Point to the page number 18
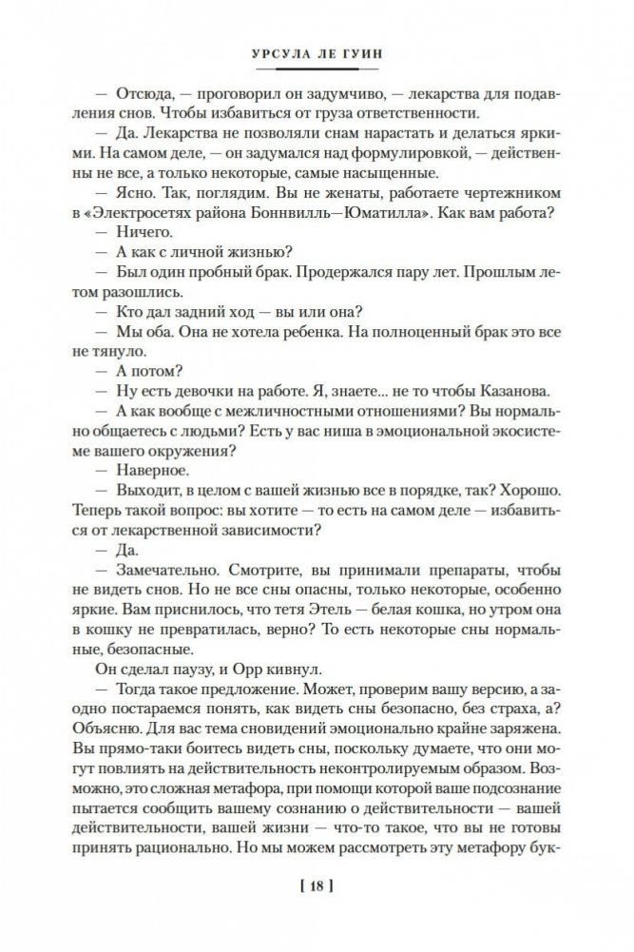point(316,888)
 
